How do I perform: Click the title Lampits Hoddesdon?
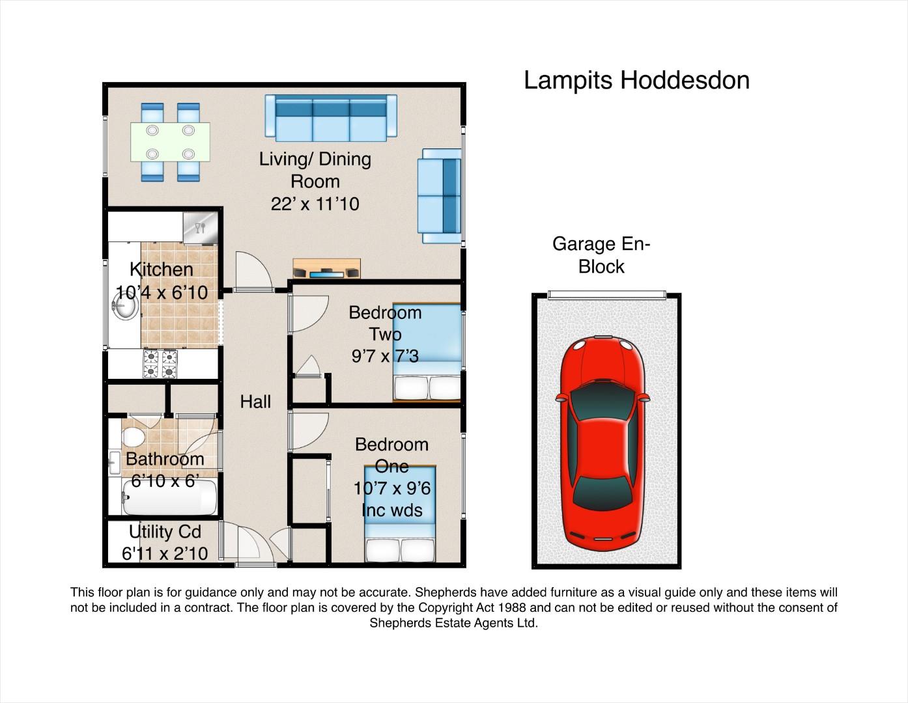pyautogui.click(x=636, y=80)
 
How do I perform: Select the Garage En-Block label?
pyautogui.click(x=601, y=255)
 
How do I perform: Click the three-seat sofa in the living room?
pyautogui.click(x=331, y=118)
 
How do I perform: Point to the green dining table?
pyautogui.click(x=170, y=141)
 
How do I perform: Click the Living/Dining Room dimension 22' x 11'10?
pyautogui.click(x=315, y=204)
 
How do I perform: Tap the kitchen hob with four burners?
pyautogui.click(x=160, y=364)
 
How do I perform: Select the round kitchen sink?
pyautogui.click(x=124, y=306)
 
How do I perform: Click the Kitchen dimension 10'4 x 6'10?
pyautogui.click(x=162, y=292)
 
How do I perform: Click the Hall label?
pyautogui.click(x=255, y=402)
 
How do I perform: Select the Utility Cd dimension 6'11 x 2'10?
pyautogui.click(x=165, y=553)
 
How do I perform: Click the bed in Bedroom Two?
pyautogui.click(x=427, y=352)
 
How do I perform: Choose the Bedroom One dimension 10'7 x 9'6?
pyautogui.click(x=392, y=488)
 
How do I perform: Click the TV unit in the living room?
pyautogui.click(x=326, y=268)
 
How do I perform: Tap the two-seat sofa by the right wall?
pyautogui.click(x=441, y=196)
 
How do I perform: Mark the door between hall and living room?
pyautogui.click(x=253, y=273)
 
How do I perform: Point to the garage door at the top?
pyautogui.click(x=606, y=295)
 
